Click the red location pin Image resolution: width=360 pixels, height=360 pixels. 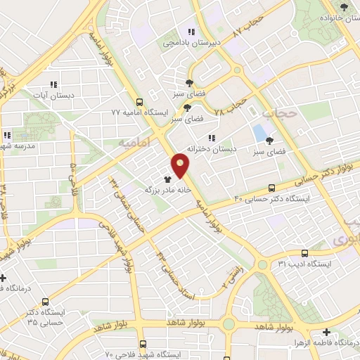coord(181,165)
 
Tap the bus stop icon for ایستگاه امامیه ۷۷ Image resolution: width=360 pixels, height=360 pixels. coord(139,101)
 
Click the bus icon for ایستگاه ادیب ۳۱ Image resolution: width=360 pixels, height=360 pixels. coord(304,253)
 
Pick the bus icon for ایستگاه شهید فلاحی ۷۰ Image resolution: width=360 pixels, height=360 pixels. coord(143,344)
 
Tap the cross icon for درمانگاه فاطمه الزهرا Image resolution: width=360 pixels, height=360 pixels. coord(326,332)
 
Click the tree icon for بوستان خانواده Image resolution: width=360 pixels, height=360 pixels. coord(344,7)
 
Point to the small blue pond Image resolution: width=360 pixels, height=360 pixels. coord(259,131)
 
